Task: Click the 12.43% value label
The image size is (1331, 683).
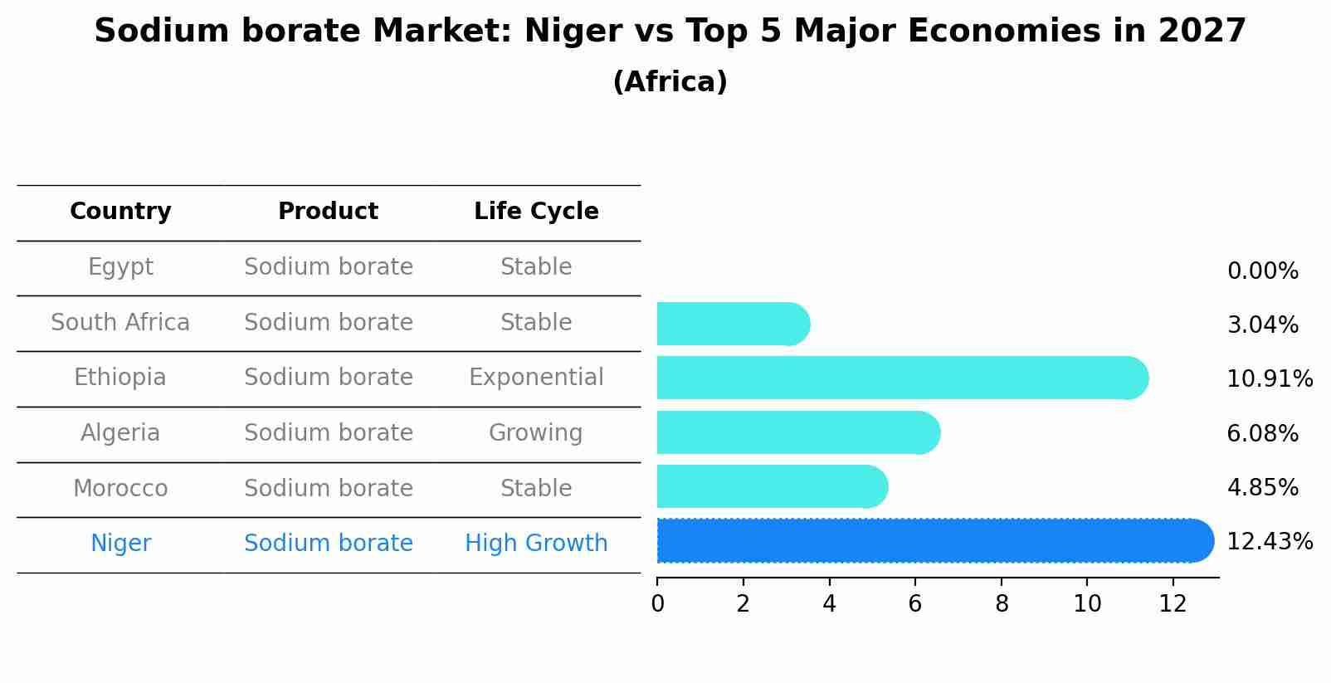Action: [x=1269, y=542]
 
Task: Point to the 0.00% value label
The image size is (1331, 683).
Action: [x=1262, y=271]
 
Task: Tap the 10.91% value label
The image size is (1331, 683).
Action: [x=1269, y=379]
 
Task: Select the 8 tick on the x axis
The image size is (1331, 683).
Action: [x=1002, y=604]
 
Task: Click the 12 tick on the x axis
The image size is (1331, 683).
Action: [x=1173, y=604]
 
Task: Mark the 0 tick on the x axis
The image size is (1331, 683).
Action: [x=657, y=604]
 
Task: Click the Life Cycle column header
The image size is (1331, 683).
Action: [x=536, y=212]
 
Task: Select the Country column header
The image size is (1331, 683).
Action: [x=120, y=212]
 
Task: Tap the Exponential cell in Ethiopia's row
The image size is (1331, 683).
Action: [x=536, y=378]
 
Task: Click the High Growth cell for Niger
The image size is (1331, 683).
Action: [x=536, y=544]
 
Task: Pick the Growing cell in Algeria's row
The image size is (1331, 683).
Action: [x=536, y=433]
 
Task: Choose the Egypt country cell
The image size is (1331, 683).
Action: [x=120, y=267]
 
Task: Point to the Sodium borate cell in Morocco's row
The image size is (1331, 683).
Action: [x=329, y=488]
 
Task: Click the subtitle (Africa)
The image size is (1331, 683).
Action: [x=670, y=82]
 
